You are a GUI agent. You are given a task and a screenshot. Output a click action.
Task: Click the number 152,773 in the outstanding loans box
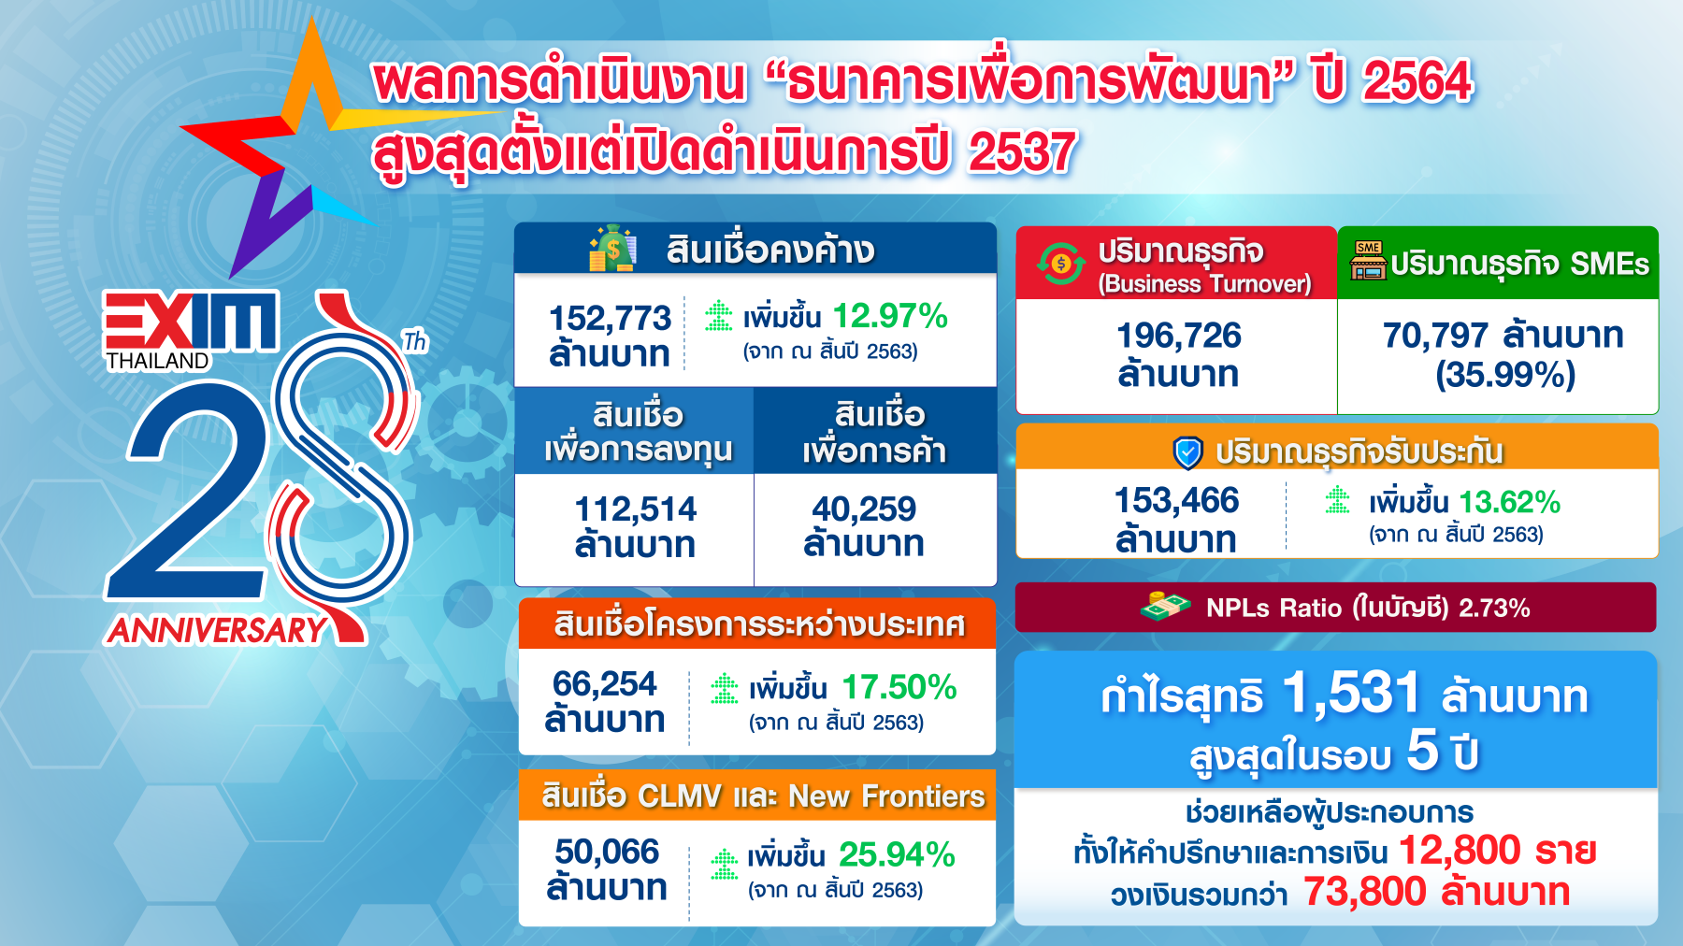coord(610,318)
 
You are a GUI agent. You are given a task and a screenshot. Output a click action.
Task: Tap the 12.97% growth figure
coord(890,316)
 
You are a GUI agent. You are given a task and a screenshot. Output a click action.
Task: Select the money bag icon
coord(612,248)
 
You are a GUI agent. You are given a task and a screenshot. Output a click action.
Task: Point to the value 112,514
coord(636,509)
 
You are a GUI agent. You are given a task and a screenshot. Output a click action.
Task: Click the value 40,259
coord(864,509)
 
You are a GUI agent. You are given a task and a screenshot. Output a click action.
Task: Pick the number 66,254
coord(605,684)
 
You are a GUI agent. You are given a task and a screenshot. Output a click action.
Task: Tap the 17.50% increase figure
coord(899,687)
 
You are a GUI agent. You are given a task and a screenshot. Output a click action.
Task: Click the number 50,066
coord(607,852)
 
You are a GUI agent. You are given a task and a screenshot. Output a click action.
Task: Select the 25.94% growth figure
coord(897,854)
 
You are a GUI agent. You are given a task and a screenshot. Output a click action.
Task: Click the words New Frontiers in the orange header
coord(886,795)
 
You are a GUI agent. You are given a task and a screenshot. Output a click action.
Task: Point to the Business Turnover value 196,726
coord(1179,335)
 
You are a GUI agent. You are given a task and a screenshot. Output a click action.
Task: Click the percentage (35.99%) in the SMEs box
coord(1505,375)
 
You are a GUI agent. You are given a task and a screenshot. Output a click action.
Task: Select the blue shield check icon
coord(1187,452)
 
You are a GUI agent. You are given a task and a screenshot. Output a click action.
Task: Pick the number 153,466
coord(1176,500)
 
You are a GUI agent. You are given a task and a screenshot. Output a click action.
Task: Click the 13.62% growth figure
coord(1510,502)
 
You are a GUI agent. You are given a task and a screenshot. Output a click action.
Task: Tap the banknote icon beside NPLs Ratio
coord(1165,607)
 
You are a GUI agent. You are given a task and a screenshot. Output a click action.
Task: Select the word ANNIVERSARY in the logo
coord(217,630)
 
